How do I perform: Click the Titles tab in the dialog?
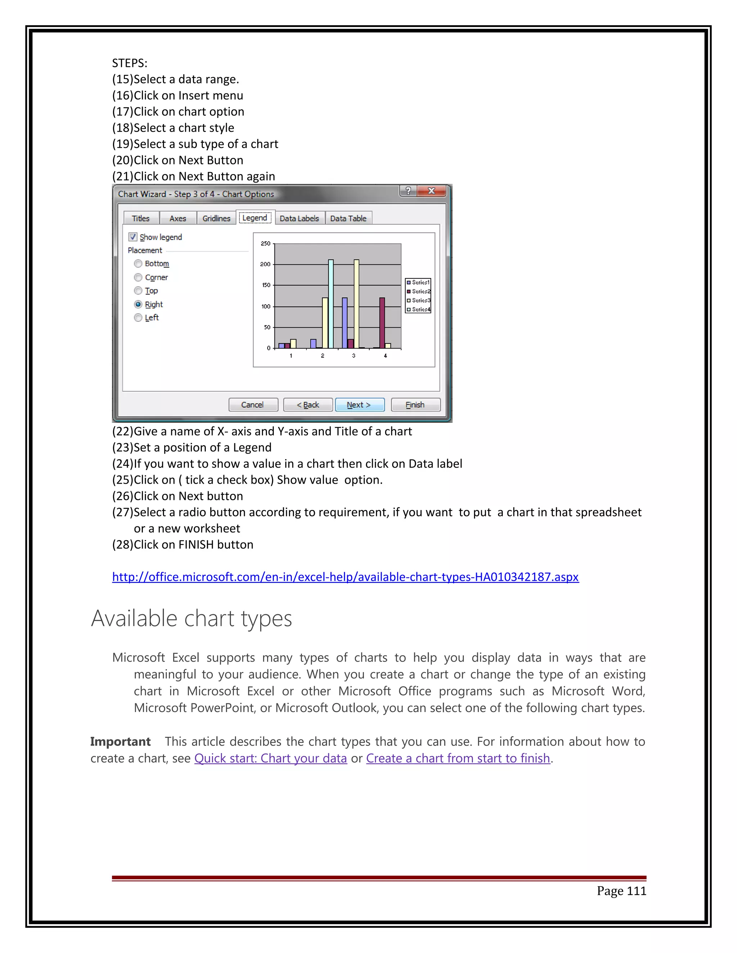click(x=141, y=218)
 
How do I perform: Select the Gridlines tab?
click(x=216, y=218)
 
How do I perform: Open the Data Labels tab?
click(x=299, y=218)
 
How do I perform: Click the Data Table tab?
click(x=348, y=218)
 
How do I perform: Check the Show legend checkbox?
click(x=133, y=237)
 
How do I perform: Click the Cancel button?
click(x=253, y=405)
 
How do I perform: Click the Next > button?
click(x=360, y=405)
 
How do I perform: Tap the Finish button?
click(x=415, y=405)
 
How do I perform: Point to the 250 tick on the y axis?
click(x=266, y=243)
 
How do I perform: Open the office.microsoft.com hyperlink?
click(x=345, y=577)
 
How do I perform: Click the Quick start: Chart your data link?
click(x=270, y=758)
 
